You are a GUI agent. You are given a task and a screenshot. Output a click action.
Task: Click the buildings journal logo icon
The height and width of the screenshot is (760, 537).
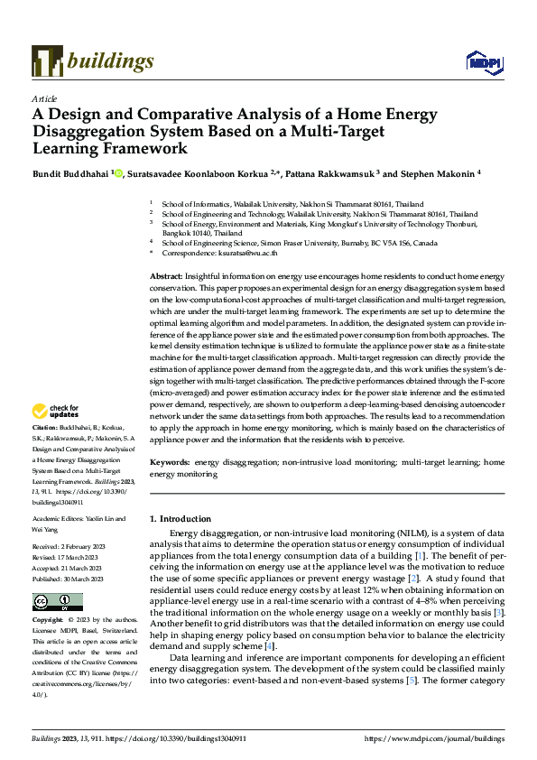click(46, 60)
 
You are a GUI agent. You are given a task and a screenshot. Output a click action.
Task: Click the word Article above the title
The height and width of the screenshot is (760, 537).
click(44, 98)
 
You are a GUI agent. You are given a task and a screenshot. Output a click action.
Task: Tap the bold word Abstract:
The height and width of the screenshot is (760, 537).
click(167, 274)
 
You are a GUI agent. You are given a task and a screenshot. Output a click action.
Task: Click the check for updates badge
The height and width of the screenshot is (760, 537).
click(58, 412)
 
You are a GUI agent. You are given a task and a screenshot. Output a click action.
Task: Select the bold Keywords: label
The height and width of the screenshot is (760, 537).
click(170, 461)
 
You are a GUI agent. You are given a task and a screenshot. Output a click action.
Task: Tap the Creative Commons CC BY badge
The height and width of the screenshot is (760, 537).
click(57, 602)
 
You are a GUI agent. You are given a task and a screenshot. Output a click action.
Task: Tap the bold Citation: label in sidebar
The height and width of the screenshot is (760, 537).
click(45, 427)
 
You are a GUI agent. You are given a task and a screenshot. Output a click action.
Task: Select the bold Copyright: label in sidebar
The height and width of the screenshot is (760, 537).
click(49, 621)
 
